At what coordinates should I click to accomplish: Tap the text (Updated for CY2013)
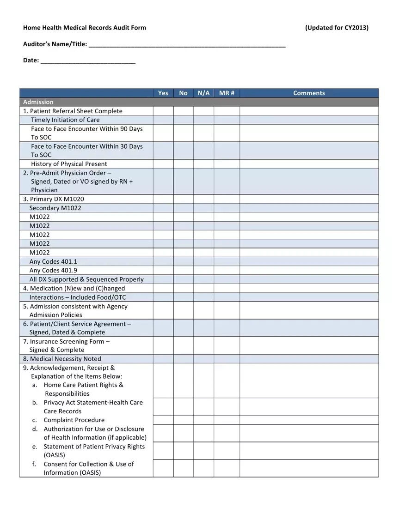tap(337, 28)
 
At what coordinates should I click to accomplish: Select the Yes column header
tap(163, 93)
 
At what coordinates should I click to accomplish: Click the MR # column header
tap(227, 93)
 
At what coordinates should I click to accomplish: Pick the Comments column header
tap(309, 93)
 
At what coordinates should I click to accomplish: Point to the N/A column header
tap(203, 93)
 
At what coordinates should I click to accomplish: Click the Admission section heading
tap(38, 102)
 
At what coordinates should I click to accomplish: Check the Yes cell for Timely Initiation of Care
tap(163, 120)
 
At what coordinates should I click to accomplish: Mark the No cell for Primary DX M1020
tap(184, 199)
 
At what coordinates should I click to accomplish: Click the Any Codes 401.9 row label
tap(53, 271)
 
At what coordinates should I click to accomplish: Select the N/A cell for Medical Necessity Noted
tap(203, 359)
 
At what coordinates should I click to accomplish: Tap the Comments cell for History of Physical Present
tap(309, 164)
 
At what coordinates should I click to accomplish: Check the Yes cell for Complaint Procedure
tap(163, 420)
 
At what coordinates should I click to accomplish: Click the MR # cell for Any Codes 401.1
tap(227, 261)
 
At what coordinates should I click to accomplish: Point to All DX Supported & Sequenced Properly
tap(86, 279)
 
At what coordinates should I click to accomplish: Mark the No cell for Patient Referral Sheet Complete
tap(184, 111)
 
